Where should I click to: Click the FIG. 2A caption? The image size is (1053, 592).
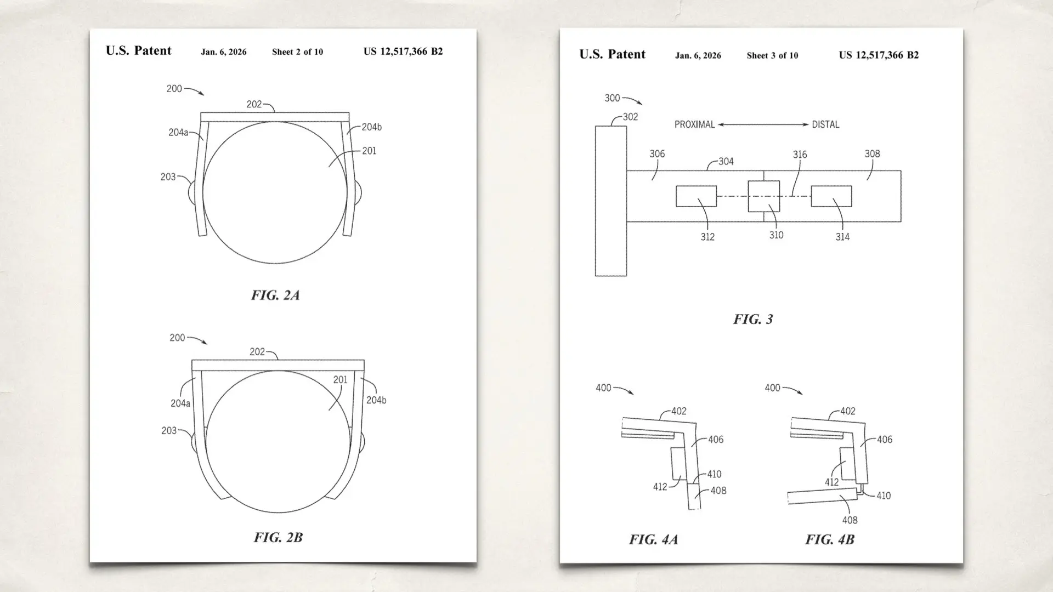tap(275, 295)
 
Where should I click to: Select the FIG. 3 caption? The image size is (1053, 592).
tap(753, 319)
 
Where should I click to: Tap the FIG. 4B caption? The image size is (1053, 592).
tap(830, 539)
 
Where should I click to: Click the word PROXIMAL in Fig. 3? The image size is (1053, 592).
tap(694, 124)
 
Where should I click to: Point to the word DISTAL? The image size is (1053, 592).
tap(825, 124)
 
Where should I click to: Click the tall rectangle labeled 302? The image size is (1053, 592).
tap(610, 201)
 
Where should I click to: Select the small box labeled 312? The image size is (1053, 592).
tap(696, 196)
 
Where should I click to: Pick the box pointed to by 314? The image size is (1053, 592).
tap(831, 196)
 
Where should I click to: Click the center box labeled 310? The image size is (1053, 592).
tap(763, 196)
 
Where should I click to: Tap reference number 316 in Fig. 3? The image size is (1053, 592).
tap(800, 155)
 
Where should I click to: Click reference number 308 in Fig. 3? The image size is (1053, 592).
tap(872, 154)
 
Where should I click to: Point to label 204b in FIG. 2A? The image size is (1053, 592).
tap(371, 127)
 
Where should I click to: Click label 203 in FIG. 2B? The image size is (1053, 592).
tap(169, 431)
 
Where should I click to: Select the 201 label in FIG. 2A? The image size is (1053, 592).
tap(369, 151)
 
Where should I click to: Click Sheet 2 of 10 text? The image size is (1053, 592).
tap(297, 52)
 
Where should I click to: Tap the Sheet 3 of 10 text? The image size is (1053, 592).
tap(772, 55)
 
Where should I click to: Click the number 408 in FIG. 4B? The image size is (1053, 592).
tap(850, 520)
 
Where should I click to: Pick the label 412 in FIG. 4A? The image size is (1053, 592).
tap(660, 487)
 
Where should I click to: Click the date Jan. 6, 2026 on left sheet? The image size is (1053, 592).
tap(223, 52)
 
